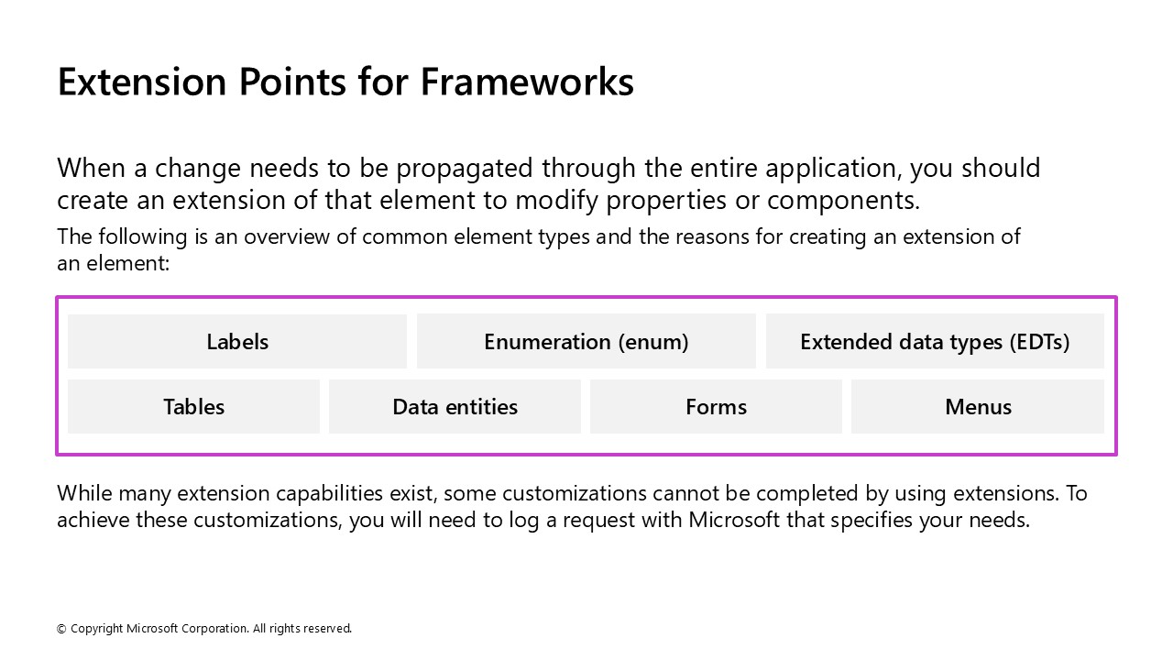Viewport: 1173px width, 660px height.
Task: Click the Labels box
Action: coord(237,342)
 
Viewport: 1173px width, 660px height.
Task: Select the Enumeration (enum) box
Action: coord(586,342)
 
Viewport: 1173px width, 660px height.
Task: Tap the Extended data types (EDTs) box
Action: coord(935,342)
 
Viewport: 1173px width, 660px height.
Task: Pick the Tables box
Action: coord(193,407)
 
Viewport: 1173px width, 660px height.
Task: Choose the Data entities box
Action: coord(455,407)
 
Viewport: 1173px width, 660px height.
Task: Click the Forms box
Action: coord(716,407)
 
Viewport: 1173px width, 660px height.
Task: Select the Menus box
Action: coord(978,407)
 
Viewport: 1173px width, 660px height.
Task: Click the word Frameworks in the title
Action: coord(527,82)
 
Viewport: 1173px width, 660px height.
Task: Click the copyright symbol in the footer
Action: coord(61,629)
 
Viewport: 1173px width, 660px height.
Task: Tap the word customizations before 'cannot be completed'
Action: coord(575,493)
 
